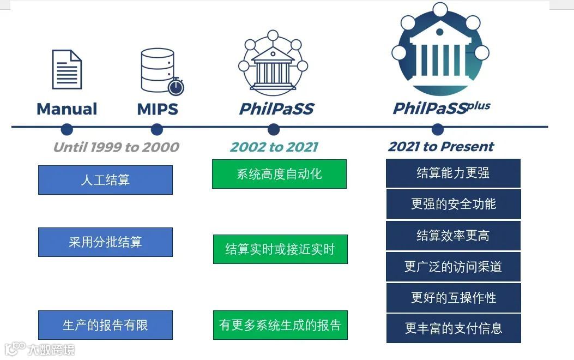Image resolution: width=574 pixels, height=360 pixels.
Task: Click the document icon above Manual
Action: [x=67, y=69]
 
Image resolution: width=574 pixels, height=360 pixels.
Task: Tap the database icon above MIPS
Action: [x=158, y=69]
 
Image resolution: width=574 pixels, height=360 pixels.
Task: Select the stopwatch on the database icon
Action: [x=176, y=87]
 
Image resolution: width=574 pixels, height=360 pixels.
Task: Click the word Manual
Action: [x=67, y=109]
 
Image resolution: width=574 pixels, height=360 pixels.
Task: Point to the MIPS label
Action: [x=158, y=109]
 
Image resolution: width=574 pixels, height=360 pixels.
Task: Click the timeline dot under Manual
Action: [x=67, y=129]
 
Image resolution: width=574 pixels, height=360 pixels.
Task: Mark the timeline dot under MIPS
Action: [x=157, y=129]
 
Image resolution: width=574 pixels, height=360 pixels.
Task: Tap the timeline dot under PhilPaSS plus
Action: [x=437, y=129]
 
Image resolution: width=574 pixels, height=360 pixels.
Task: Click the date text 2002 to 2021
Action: [x=274, y=147]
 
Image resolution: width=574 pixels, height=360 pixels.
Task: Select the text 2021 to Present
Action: [x=440, y=146]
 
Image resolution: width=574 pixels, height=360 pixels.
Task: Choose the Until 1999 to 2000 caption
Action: [x=116, y=147]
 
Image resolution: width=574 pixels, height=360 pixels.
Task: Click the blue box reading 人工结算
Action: [x=105, y=180]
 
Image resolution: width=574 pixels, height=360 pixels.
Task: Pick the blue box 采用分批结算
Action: [x=105, y=242]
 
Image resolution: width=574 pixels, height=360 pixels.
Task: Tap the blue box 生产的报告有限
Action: [x=105, y=325]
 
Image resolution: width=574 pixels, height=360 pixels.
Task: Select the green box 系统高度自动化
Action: [x=279, y=174]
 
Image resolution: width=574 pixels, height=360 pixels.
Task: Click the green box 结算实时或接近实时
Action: [x=280, y=249]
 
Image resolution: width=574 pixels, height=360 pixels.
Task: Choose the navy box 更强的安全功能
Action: [x=454, y=204]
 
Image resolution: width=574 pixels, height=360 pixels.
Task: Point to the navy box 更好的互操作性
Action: [x=454, y=298]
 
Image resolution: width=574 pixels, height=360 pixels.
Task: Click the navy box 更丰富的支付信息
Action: [x=454, y=328]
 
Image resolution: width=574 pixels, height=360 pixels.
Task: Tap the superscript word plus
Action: [x=479, y=106]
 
